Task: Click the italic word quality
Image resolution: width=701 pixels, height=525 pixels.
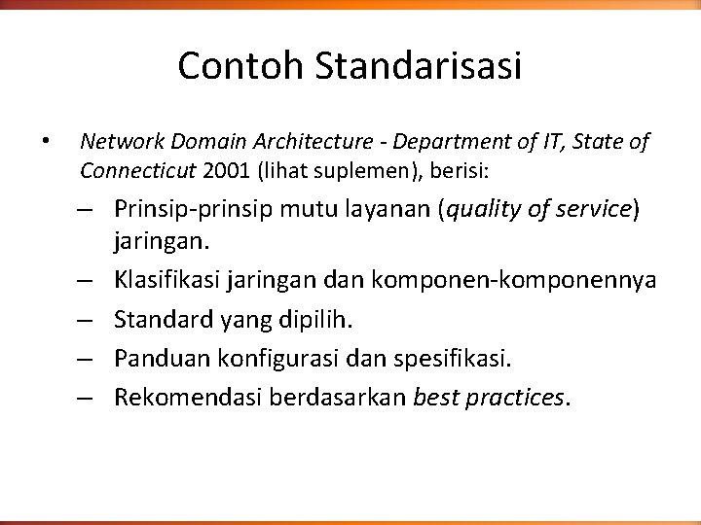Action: tap(479, 209)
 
